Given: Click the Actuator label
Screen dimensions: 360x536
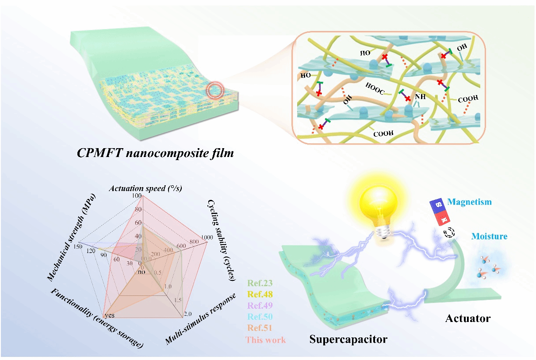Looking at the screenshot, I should click(x=468, y=318).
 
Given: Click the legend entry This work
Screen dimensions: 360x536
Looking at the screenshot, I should click(x=266, y=340).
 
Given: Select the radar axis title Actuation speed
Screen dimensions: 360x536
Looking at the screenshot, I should click(x=146, y=188).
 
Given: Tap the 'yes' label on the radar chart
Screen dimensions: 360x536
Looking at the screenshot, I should click(x=110, y=314).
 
